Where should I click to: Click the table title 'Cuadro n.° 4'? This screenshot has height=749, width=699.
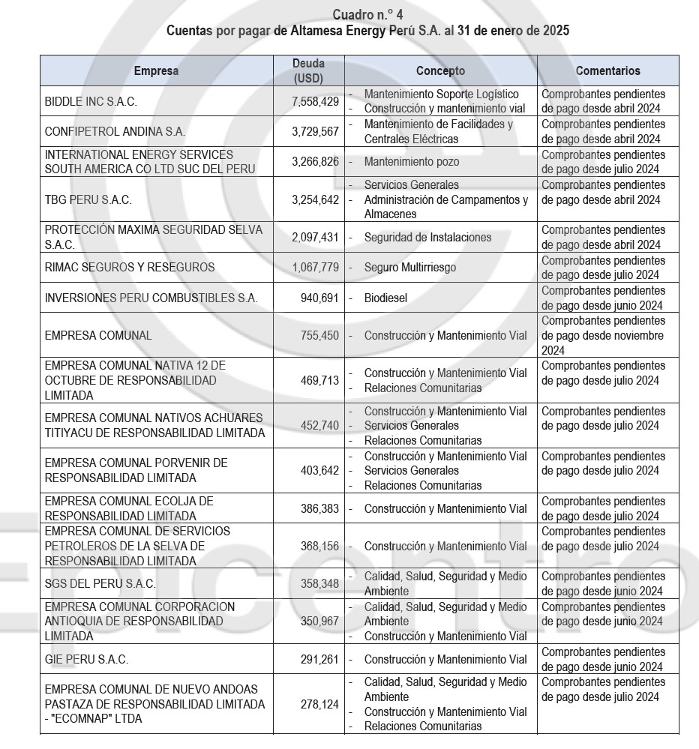367,14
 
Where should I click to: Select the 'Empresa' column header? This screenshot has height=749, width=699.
156,70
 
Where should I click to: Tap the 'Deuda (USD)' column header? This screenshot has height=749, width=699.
308,70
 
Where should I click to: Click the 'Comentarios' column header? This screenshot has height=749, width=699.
607,70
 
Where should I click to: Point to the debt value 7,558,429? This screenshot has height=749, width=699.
315,101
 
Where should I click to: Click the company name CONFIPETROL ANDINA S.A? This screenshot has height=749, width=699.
115,131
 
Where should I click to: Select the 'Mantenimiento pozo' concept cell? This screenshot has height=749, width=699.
412,161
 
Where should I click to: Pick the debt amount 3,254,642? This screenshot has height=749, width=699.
315,199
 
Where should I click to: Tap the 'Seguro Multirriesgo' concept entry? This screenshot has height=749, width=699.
409,267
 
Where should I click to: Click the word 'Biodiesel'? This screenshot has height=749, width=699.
385,298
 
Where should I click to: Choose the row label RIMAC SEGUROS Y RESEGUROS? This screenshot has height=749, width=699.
129,267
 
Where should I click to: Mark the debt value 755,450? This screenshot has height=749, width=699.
320,335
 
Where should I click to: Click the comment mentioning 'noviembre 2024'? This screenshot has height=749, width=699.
603,335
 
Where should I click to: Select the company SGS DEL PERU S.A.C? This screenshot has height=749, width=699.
100,583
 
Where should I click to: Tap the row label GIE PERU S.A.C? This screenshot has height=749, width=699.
86,660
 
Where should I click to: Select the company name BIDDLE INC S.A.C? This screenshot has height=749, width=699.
91,101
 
